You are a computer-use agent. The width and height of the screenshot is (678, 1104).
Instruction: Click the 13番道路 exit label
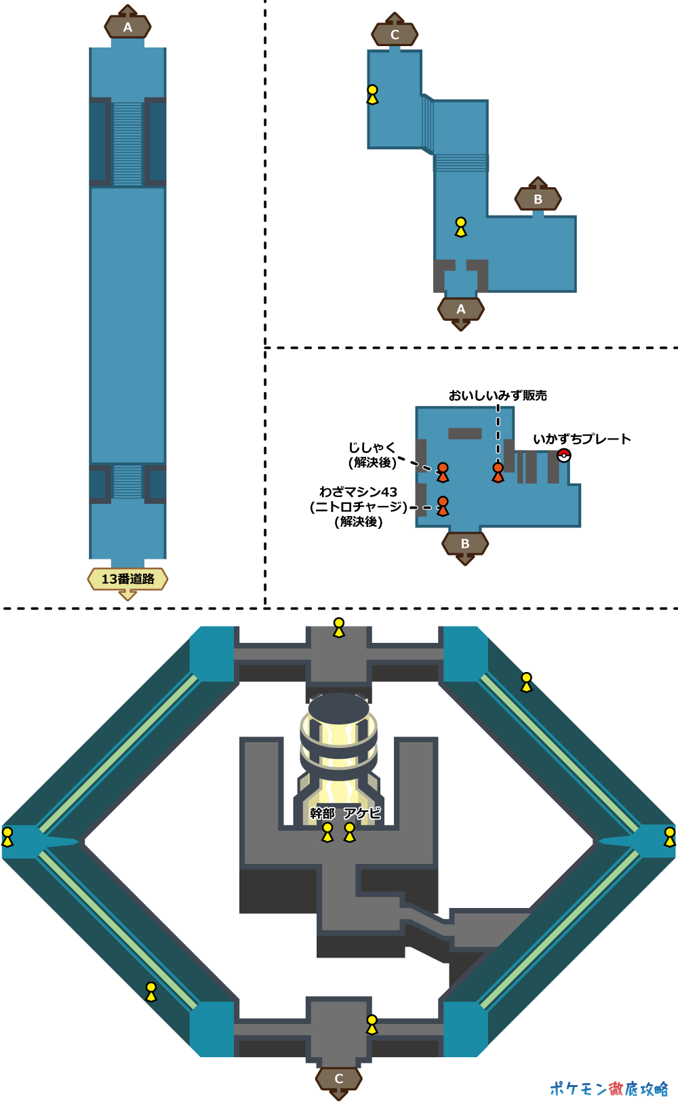(x=127, y=579)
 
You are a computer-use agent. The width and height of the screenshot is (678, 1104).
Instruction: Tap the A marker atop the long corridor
(x=127, y=27)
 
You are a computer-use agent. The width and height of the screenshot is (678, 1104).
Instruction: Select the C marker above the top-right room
(x=395, y=35)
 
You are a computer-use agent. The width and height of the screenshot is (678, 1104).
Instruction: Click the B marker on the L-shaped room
(x=538, y=199)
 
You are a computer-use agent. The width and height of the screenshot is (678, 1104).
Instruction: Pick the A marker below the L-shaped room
(x=461, y=309)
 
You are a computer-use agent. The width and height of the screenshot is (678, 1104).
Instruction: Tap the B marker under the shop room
(x=465, y=544)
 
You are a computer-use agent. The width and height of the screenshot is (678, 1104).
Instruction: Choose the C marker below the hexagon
(x=338, y=1078)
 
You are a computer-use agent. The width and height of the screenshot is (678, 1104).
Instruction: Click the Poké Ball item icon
(x=563, y=456)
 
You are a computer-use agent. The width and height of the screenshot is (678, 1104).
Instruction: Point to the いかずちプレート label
(x=582, y=439)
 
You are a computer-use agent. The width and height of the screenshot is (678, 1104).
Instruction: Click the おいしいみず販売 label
(x=498, y=395)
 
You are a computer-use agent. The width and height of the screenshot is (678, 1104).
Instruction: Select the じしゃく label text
(x=372, y=448)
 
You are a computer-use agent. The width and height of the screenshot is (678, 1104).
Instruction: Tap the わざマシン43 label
(x=358, y=492)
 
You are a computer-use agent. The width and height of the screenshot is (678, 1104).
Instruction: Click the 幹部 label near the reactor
(x=323, y=813)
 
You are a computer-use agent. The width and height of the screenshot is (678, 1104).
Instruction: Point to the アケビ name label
(x=362, y=813)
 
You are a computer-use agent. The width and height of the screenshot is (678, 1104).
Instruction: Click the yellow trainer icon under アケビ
(x=350, y=831)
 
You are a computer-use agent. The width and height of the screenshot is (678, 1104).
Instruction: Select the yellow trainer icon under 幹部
(x=327, y=831)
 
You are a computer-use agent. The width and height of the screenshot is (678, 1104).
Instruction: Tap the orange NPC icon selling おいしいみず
(x=498, y=471)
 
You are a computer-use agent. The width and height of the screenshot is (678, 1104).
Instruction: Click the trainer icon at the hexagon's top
(x=338, y=627)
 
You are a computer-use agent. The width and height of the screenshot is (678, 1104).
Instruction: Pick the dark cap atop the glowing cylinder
(x=338, y=707)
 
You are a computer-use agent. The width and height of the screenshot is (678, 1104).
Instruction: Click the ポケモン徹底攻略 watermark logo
(x=608, y=1088)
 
